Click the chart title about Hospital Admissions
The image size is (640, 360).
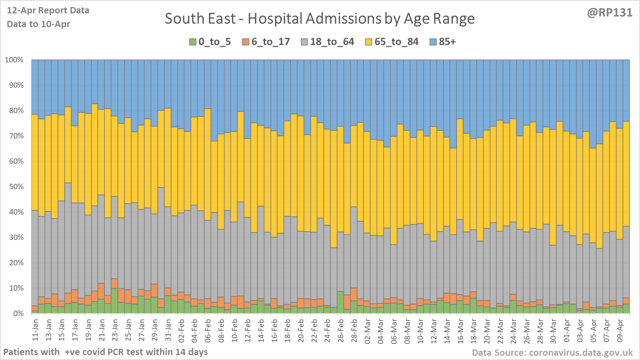pyautogui.click(x=320, y=19)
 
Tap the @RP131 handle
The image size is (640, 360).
pyautogui.click(x=610, y=13)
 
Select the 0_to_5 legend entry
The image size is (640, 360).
pyautogui.click(x=210, y=42)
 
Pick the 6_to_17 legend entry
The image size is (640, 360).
pyautogui.click(x=266, y=42)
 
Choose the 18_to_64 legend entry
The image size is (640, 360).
pyautogui.click(x=328, y=42)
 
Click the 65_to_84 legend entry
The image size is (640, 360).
pyautogui.click(x=392, y=42)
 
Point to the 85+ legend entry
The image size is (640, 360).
pyautogui.click(x=443, y=42)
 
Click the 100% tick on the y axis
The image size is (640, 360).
pyautogui.click(x=14, y=60)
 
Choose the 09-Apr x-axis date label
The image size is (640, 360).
pyautogui.click(x=620, y=330)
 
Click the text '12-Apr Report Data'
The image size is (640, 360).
pyautogui.click(x=48, y=11)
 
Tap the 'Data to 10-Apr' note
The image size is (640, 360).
pyautogui.click(x=38, y=24)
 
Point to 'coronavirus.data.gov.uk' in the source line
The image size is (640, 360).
pyautogui.click(x=581, y=353)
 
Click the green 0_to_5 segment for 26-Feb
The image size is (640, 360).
pyautogui.click(x=340, y=303)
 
